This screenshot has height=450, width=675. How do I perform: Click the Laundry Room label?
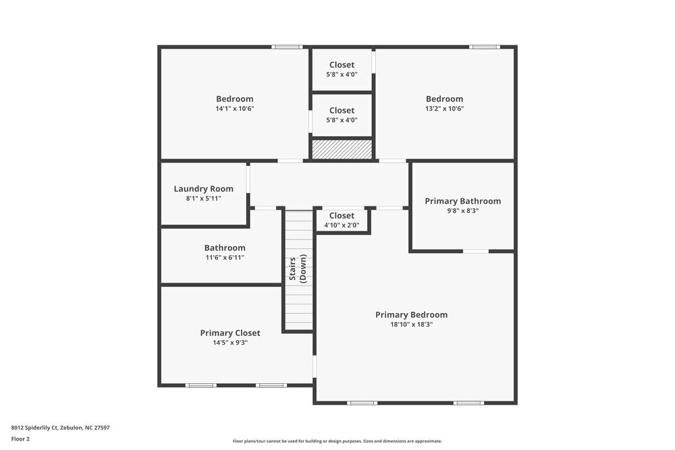pyautogui.click(x=203, y=189)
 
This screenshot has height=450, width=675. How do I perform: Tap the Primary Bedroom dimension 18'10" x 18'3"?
pyautogui.click(x=411, y=325)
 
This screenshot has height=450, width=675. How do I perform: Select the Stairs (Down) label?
pyautogui.click(x=298, y=268)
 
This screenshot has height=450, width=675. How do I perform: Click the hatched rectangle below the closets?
pyautogui.click(x=342, y=150)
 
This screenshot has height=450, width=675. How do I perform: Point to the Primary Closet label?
pyautogui.click(x=230, y=333)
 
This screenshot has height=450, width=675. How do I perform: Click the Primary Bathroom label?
pyautogui.click(x=462, y=201)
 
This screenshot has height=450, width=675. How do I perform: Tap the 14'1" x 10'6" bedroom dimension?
pyautogui.click(x=234, y=109)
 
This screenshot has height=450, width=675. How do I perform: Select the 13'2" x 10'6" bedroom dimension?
pyautogui.click(x=444, y=109)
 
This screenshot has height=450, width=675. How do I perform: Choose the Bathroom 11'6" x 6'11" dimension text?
pyautogui.click(x=225, y=258)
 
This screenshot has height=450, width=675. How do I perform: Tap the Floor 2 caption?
pyautogui.click(x=20, y=439)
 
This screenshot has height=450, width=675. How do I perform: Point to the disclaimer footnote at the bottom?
pyautogui.click(x=337, y=441)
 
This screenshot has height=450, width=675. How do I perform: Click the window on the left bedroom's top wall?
pyautogui.click(x=287, y=47)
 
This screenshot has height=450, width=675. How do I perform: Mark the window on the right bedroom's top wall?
pyautogui.click(x=485, y=47)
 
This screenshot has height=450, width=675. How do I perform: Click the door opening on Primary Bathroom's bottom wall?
pyautogui.click(x=476, y=251)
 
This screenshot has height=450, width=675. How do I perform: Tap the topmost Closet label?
pyautogui.click(x=342, y=65)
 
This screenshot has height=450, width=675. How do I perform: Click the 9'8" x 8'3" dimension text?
pyautogui.click(x=462, y=210)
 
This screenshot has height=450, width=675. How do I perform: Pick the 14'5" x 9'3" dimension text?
pyautogui.click(x=230, y=343)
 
